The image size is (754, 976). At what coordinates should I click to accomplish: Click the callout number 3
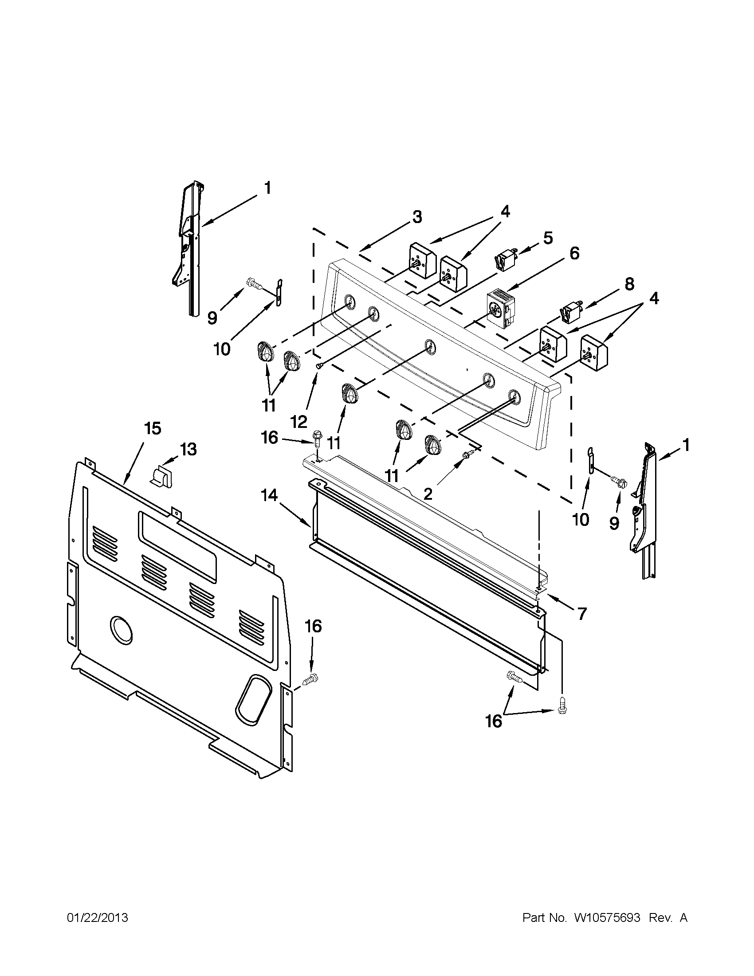click(x=416, y=218)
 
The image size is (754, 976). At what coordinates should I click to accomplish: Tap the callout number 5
click(x=547, y=237)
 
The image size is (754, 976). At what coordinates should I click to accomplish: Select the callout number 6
click(x=574, y=253)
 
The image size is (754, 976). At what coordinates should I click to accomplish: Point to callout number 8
click(x=629, y=284)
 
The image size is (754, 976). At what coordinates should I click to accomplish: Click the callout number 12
click(x=298, y=421)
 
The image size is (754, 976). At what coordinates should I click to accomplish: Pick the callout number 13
click(x=188, y=449)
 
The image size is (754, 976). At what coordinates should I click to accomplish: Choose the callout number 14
click(x=270, y=495)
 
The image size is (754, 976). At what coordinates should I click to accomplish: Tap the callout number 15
click(x=153, y=428)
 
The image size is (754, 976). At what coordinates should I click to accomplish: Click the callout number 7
click(x=581, y=614)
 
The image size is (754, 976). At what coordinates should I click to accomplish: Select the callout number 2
click(x=428, y=494)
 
